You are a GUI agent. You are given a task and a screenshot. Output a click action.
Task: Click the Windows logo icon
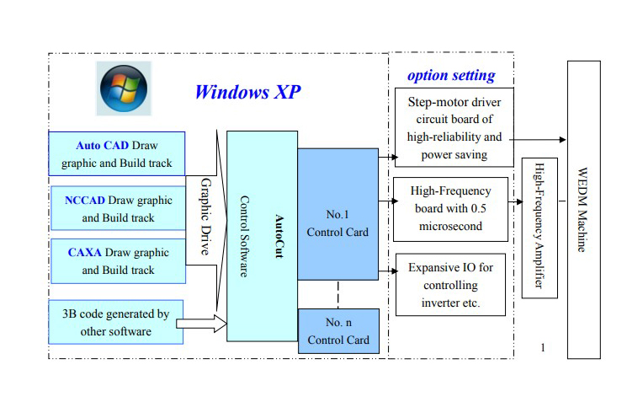tap(123, 90)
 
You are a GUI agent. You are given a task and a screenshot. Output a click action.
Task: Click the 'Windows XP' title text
tap(247, 92)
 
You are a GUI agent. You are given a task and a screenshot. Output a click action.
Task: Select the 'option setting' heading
tap(451, 75)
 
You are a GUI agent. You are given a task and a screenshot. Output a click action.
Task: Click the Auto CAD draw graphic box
tap(116, 153)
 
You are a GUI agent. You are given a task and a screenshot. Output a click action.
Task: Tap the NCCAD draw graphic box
tap(118, 208)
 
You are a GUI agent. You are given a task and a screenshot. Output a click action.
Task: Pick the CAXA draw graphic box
tap(118, 260)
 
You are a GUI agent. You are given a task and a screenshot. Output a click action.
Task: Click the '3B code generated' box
tap(116, 322)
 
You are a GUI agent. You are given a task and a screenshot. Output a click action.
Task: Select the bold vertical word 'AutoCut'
tap(279, 236)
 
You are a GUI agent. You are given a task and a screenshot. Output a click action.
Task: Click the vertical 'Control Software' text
tap(245, 236)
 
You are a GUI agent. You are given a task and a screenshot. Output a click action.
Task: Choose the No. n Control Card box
tap(337, 331)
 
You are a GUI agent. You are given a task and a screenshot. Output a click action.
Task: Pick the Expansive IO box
tap(451, 284)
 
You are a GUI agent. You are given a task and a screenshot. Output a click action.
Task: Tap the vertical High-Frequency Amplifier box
tap(539, 228)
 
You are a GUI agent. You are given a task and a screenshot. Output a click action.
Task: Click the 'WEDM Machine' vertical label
tap(584, 211)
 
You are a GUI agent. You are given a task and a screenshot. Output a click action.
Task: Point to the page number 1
tap(544, 346)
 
